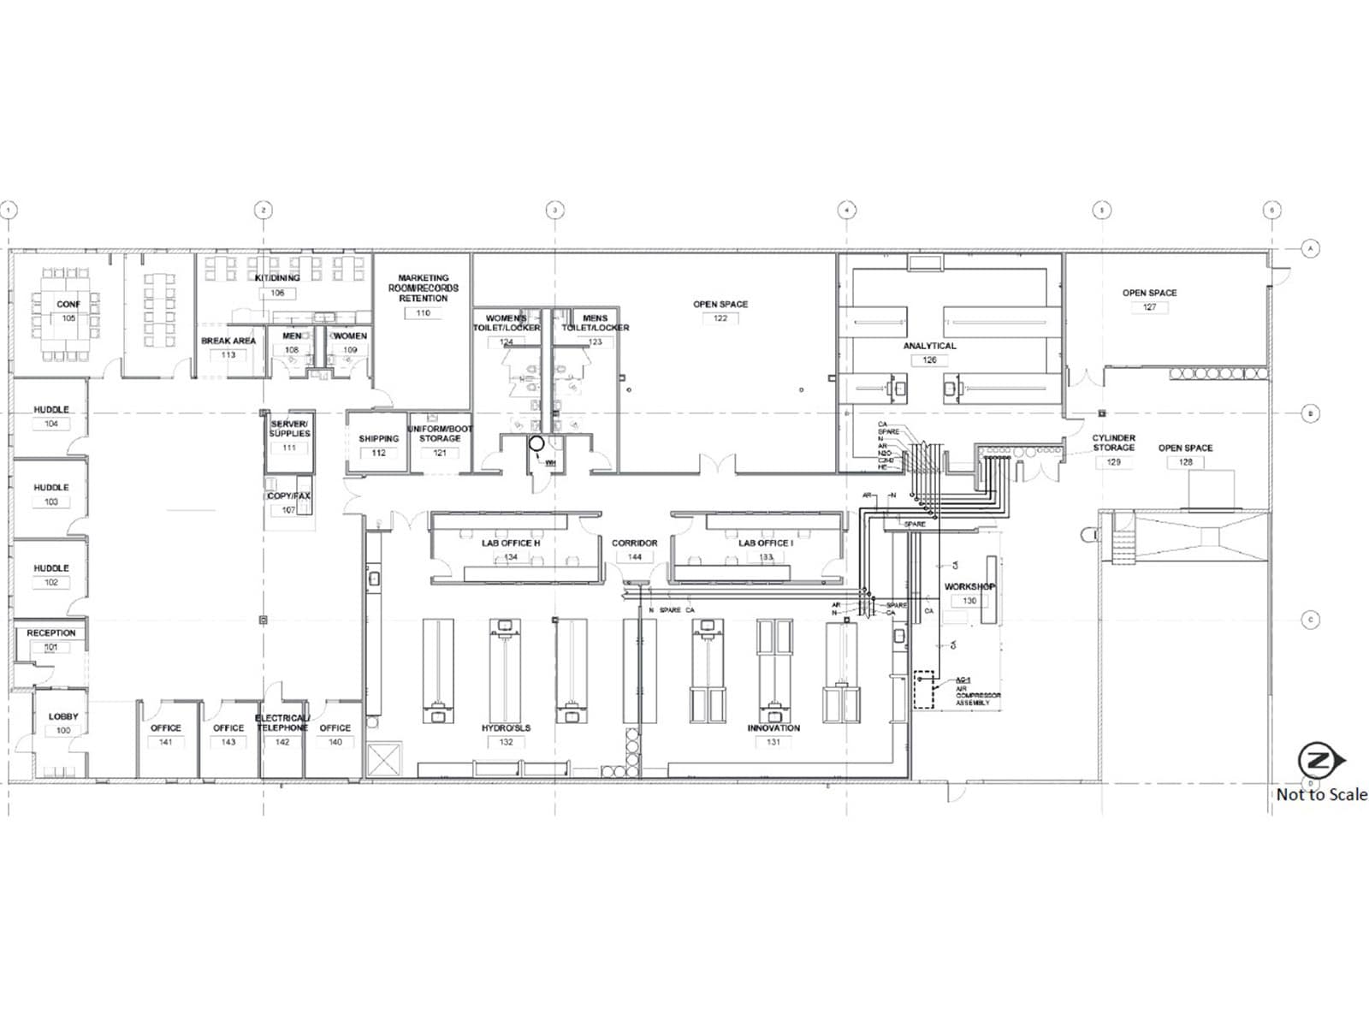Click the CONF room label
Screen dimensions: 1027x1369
[68, 304]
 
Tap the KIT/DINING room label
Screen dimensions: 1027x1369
[277, 278]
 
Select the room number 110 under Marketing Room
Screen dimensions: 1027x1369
[423, 313]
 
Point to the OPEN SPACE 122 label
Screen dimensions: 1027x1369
[720, 305]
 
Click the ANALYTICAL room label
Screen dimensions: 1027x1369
[930, 346]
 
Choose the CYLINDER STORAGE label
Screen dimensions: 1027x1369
[1113, 442]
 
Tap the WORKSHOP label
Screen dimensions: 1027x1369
[969, 587]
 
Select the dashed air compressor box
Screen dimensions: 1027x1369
[923, 689]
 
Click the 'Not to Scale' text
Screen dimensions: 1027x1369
[1321, 795]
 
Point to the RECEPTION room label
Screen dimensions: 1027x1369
[51, 633]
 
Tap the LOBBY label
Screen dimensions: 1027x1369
[63, 716]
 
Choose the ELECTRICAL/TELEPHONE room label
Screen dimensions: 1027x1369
[282, 723]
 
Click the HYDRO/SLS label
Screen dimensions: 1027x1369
[506, 728]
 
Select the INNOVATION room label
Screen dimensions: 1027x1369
[773, 728]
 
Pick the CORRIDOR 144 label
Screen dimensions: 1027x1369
[635, 543]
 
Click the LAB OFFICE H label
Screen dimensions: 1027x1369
[511, 543]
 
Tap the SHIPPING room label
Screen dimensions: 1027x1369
[379, 439]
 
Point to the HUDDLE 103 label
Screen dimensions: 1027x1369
[51, 488]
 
